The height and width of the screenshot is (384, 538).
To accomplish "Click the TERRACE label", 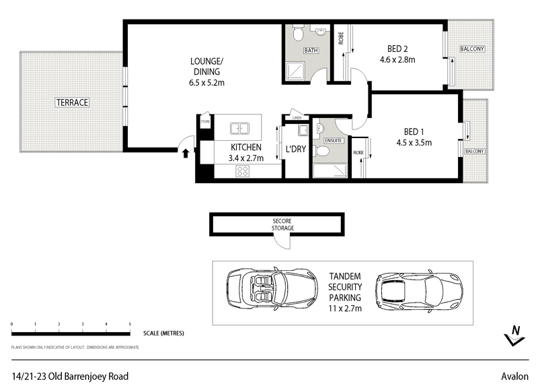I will click(72, 102).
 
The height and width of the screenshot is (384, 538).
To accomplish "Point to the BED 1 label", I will click(413, 131).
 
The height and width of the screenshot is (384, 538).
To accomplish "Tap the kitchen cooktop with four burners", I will click(242, 172).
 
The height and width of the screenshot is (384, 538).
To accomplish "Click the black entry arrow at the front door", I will click(186, 153).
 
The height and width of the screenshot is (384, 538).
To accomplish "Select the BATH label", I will click(310, 51).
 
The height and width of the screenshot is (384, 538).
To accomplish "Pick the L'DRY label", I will click(296, 148).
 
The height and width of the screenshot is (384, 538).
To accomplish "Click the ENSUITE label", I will click(334, 140).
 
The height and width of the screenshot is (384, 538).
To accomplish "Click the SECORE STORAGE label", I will click(282, 224).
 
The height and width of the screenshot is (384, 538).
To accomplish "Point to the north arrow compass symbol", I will click(514, 335).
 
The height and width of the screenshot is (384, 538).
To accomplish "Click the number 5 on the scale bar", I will click(130, 325).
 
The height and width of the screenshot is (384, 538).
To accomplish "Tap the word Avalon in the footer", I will click(515, 376).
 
